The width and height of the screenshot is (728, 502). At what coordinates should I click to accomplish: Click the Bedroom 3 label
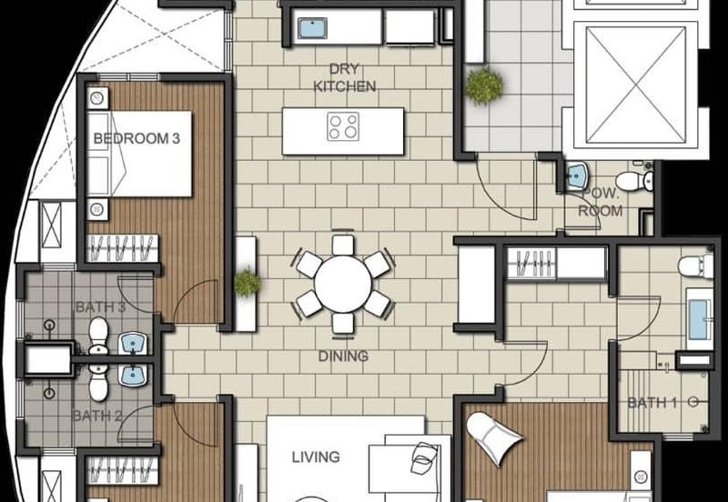pos(136,138)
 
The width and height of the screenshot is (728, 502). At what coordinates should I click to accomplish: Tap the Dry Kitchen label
pos(345,77)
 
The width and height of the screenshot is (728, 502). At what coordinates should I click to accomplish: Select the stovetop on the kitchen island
pos(343,126)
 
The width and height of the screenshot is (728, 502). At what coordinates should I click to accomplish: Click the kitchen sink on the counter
pos(312,28)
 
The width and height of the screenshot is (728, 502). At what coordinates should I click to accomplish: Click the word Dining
pos(344,356)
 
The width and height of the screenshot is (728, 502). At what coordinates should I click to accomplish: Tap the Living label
pos(316,457)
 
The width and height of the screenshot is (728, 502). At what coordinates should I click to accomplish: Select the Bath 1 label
pos(652,403)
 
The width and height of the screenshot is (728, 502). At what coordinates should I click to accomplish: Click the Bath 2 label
pos(97,416)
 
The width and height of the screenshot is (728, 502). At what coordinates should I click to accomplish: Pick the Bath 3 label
pos(100,307)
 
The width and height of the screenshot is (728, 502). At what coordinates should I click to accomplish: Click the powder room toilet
pos(634,181)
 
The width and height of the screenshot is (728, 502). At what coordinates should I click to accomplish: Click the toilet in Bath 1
pos(695,266)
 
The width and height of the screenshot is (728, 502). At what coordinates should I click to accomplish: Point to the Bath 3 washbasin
pos(133,344)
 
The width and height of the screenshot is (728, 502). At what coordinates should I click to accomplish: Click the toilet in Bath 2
pos(98,383)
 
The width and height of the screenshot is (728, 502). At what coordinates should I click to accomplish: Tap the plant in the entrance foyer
pos(484,85)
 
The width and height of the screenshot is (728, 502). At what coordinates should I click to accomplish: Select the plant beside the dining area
pos(247,283)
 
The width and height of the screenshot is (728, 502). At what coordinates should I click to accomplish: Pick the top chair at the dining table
pos(343,245)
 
